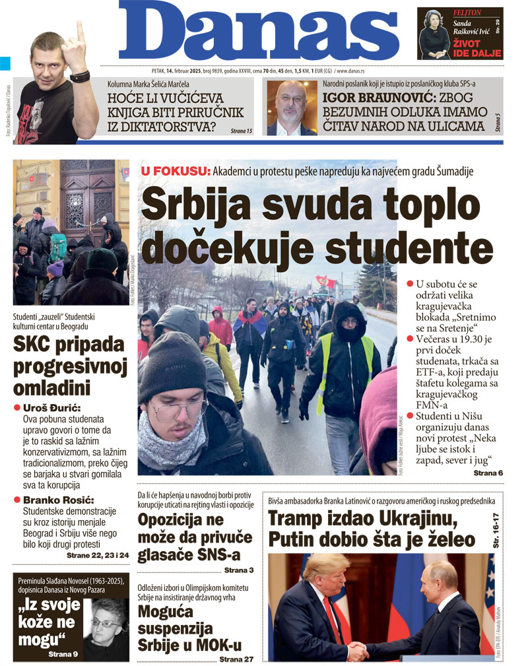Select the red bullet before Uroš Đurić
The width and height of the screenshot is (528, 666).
[x=17, y=409]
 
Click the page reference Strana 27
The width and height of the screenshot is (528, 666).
[x=236, y=658]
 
